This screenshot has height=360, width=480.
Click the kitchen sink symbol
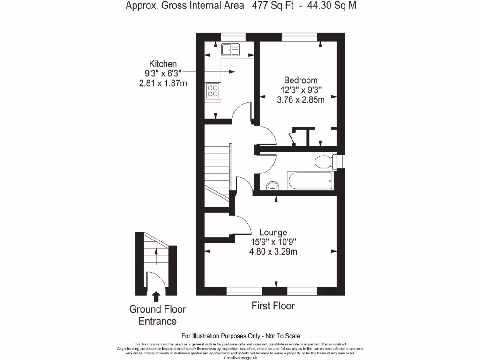pos(230,49)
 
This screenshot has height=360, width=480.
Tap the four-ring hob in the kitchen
pos(212,90)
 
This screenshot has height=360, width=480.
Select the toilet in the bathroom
pos(323,162)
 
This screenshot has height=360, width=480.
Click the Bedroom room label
pos(300,80)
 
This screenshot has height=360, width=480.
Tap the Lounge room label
pos(273,232)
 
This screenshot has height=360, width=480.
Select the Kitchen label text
pos(163,64)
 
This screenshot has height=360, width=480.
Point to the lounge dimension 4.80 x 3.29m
pos(273,252)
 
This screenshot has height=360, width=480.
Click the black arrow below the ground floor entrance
pos(156,296)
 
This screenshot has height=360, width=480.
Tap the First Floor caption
pos(273,306)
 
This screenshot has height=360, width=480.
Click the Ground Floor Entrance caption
pos(157,315)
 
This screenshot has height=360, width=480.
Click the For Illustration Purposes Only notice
pos(240,336)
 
